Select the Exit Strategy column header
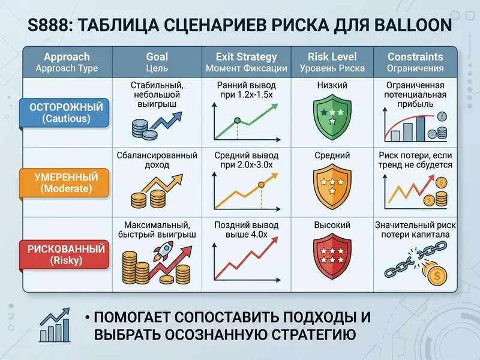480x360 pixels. tap(247, 62)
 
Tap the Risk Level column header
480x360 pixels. tap(332, 62)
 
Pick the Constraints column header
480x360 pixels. tap(415, 62)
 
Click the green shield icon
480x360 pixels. tap(332, 116)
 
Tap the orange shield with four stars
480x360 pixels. tap(332, 187)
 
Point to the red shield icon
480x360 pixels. tap(332, 256)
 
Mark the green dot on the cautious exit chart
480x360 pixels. tap(237, 121)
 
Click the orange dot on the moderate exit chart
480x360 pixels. tap(261, 185)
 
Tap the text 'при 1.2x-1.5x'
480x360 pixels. tap(247, 95)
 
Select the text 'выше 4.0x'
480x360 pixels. tap(247, 235)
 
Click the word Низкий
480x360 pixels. tap(332, 85)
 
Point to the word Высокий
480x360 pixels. tap(332, 226)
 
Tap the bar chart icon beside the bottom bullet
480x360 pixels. tap(55, 325)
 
